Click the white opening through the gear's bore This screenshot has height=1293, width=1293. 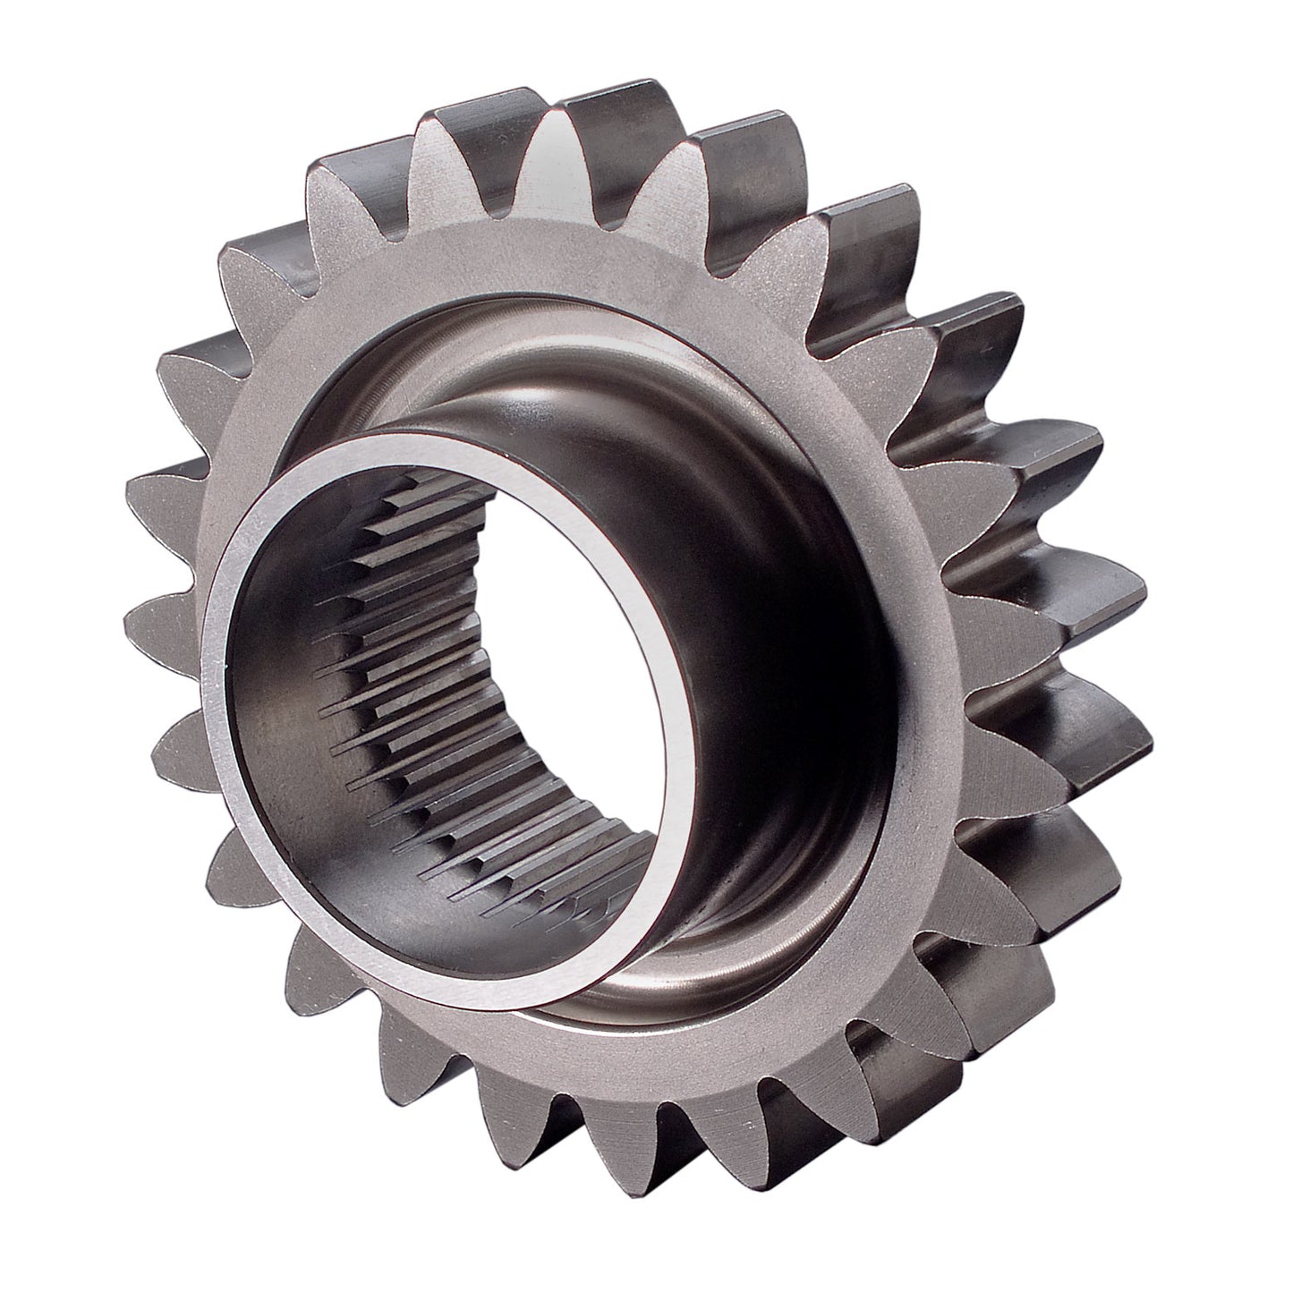(x=573, y=680)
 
